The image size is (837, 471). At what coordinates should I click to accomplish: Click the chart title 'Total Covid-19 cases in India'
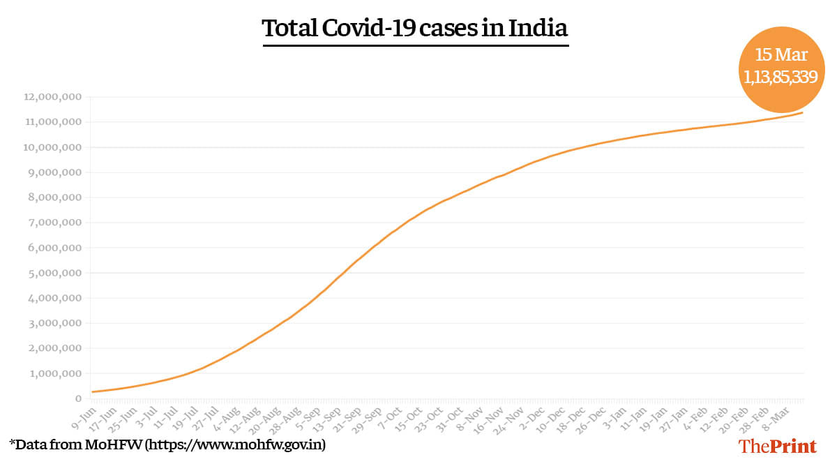pos(415,29)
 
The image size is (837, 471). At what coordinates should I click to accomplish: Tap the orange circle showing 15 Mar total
pos(781,67)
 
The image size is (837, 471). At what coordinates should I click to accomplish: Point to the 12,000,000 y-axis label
pos(52,97)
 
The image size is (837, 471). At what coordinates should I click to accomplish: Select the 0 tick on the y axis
pos(79,398)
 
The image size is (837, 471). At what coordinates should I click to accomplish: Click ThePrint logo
pos(778,447)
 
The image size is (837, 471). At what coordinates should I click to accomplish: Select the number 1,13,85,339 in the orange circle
pos(781,78)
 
